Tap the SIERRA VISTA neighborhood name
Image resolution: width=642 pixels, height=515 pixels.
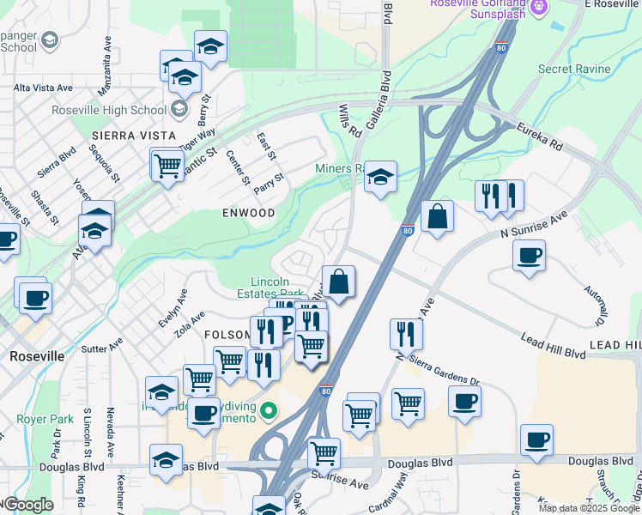132,136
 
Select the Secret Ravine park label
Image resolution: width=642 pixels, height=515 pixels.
574,69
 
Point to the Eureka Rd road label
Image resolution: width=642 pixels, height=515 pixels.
538,136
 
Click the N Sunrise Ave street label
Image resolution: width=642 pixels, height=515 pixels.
535,225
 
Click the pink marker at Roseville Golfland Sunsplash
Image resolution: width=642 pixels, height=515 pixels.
539,7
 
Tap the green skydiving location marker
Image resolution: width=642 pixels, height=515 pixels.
269,411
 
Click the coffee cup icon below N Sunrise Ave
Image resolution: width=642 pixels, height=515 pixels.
529,256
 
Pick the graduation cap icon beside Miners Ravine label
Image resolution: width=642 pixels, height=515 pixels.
380,178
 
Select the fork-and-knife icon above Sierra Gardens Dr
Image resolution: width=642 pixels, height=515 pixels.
406,333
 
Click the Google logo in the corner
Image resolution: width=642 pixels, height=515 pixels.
27,505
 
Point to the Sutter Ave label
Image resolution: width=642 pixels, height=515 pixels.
102,348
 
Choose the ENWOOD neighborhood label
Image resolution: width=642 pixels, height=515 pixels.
249,212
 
